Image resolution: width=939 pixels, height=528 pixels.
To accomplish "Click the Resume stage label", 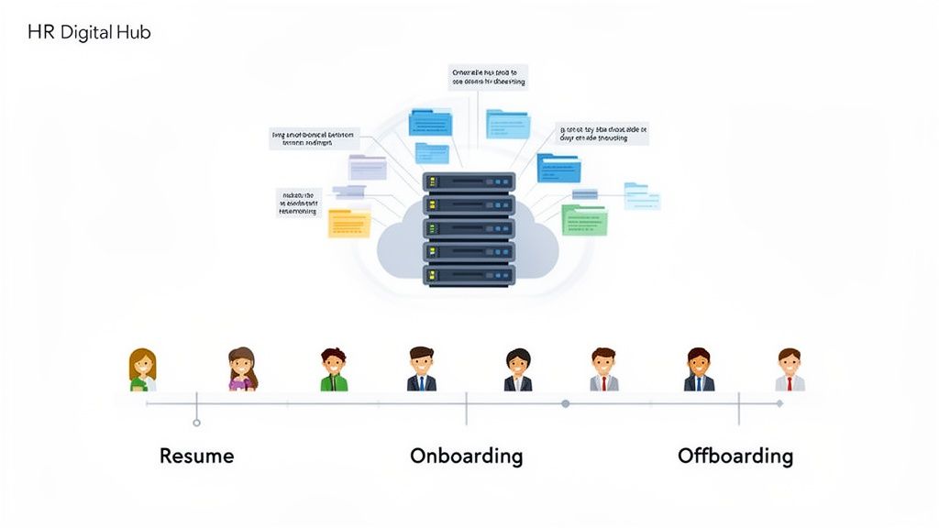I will (196, 456).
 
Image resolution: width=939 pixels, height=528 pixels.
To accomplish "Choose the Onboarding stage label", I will (466, 456).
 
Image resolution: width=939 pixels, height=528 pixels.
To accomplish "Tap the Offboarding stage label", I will (735, 456).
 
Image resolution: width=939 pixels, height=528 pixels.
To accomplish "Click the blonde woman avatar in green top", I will (142, 370).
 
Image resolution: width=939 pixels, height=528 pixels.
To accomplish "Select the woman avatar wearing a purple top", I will (242, 370).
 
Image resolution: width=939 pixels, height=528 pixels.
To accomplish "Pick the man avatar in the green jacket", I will (334, 370).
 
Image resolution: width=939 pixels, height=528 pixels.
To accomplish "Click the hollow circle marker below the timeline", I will (196, 423).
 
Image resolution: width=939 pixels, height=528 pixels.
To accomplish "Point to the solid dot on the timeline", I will (565, 403).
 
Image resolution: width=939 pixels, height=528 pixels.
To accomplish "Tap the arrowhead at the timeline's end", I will (779, 403).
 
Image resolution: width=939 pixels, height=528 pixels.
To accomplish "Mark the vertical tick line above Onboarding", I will (466, 409).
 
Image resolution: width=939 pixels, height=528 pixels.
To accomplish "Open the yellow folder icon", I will (349, 223).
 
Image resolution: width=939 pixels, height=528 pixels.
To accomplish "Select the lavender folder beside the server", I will (368, 168).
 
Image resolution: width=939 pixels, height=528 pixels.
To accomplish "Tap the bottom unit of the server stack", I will (469, 275).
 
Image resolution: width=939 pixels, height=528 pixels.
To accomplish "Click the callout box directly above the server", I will (489, 76).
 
